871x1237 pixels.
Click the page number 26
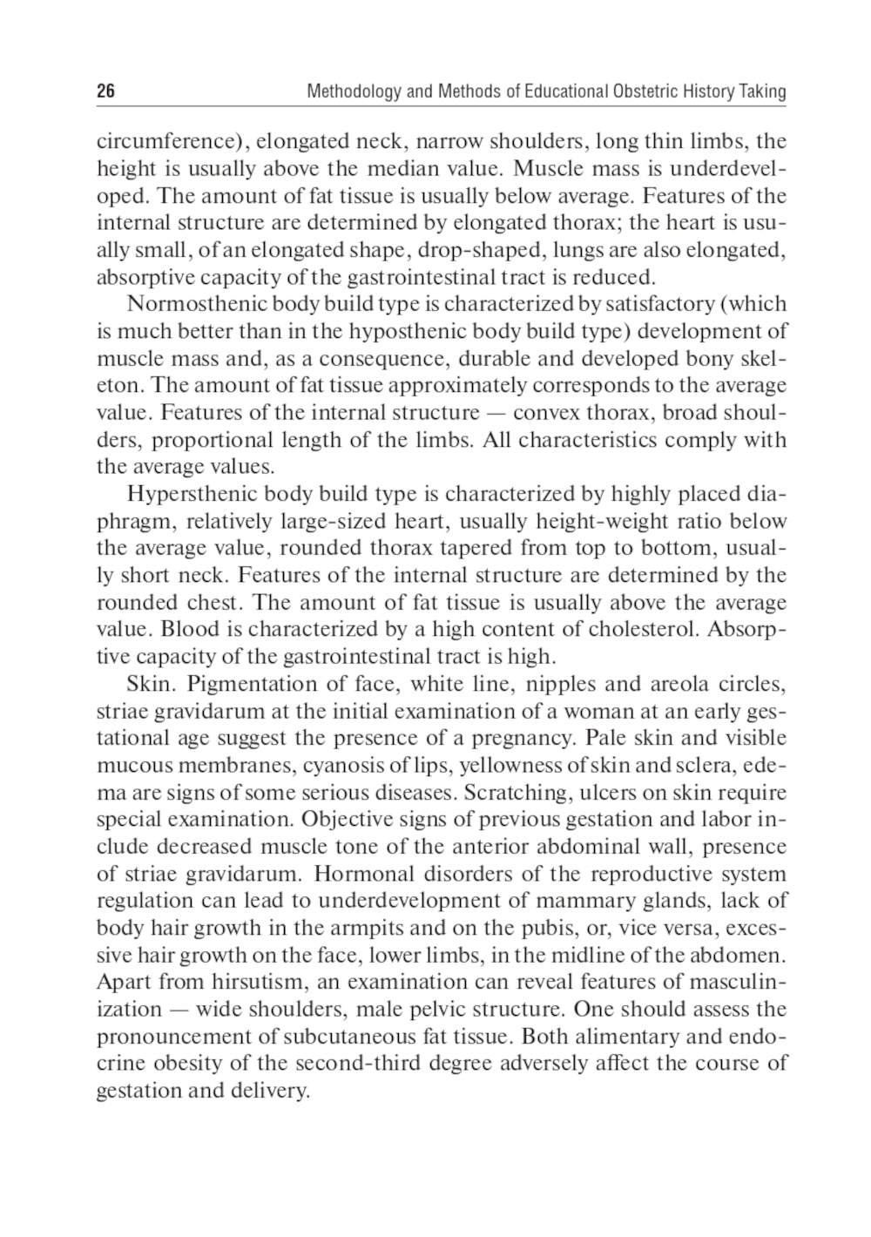pos(105,91)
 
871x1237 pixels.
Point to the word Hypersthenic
pos(182,495)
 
